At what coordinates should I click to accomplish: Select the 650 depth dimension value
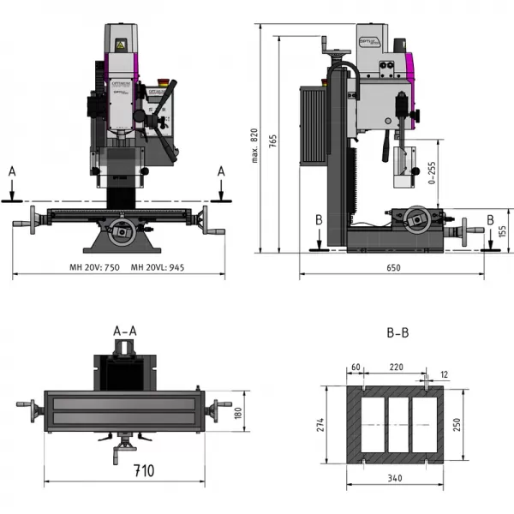click(392, 268)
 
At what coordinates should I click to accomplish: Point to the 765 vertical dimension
click(272, 141)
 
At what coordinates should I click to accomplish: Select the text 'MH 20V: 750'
click(95, 267)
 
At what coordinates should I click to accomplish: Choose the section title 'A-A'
click(125, 330)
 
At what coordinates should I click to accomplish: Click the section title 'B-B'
click(396, 330)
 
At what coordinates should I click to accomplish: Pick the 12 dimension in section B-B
click(443, 374)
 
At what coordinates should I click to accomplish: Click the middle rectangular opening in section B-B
click(395, 423)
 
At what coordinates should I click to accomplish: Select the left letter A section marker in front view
click(11, 171)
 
